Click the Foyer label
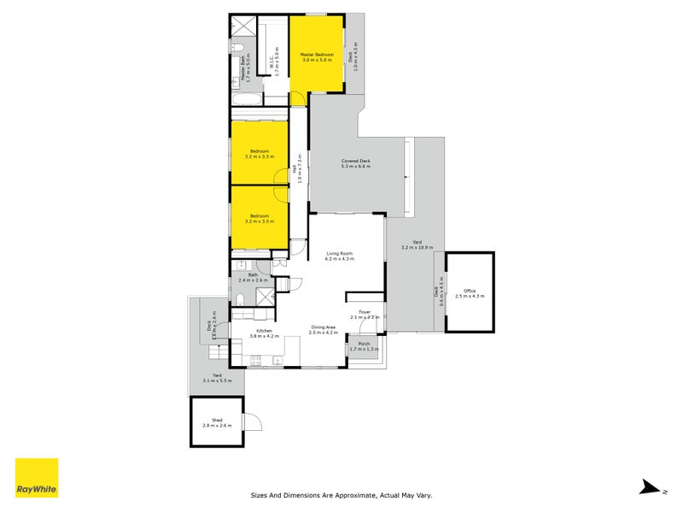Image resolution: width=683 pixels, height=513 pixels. tap(365, 314)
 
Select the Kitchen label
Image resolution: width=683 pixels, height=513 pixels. tap(264, 333)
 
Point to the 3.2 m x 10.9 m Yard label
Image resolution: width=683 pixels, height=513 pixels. tap(417, 245)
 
